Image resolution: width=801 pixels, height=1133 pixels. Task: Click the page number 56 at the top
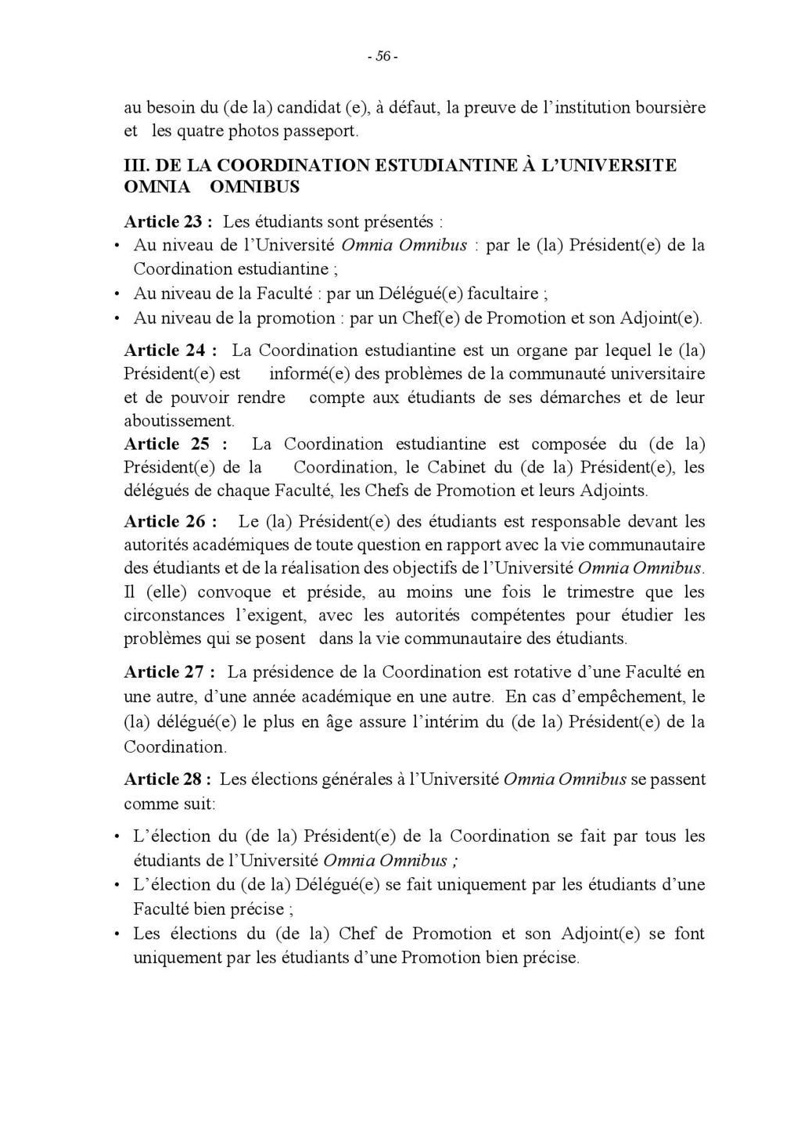383,56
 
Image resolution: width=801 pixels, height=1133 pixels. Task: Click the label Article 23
163,221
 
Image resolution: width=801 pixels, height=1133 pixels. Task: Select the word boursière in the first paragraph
670,107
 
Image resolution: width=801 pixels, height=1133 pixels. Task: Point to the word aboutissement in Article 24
178,420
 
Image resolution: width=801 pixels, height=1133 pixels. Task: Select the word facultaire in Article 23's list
507,294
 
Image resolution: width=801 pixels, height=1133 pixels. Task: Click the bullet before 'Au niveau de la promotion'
116,319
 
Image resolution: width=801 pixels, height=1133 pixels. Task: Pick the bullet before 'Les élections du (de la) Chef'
116,934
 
